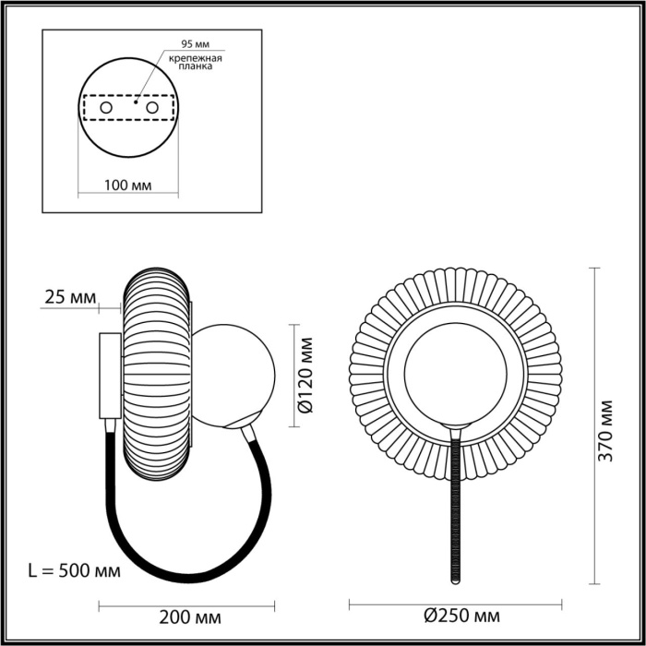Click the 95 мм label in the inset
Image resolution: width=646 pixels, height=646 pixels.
point(194,44)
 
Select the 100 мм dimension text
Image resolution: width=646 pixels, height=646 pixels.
point(127,185)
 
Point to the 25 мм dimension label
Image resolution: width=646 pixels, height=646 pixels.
point(70,297)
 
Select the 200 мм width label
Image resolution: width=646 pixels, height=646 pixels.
point(190,616)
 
